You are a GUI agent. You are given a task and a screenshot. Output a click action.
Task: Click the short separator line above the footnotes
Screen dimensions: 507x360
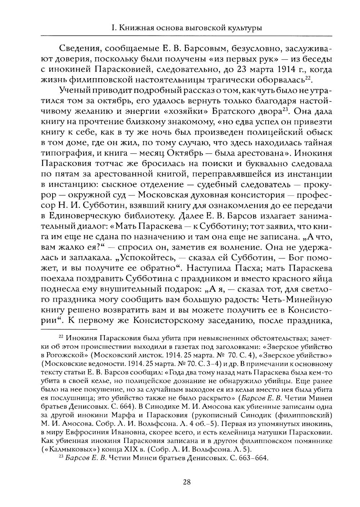click(x=69, y=329)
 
